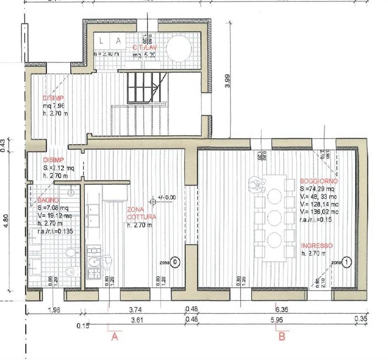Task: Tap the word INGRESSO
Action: [x=316, y=245]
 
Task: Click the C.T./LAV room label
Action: [x=147, y=47]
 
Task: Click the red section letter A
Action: [x=115, y=337]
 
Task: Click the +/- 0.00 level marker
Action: [x=164, y=198]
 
